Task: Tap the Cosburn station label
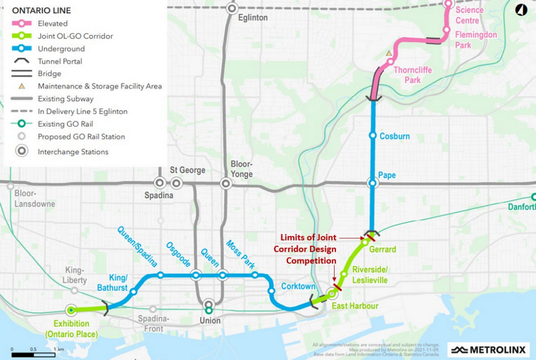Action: [x=394, y=136]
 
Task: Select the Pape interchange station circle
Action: [x=373, y=183]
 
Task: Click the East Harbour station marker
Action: [x=332, y=293]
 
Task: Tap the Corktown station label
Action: [x=298, y=286]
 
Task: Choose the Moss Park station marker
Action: [x=255, y=275]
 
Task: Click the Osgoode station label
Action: [x=178, y=255]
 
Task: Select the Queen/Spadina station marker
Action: [x=161, y=275]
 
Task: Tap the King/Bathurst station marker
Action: [x=133, y=292]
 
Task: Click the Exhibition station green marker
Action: [x=71, y=310]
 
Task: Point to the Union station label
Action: [x=210, y=321]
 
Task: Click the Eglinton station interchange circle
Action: [x=232, y=8]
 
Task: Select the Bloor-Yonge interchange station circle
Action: [x=226, y=183]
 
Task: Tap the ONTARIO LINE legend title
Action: [x=41, y=11]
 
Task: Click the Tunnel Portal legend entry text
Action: [x=60, y=61]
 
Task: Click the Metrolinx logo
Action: [x=488, y=349]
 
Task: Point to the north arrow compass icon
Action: [x=521, y=10]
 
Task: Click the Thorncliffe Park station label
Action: [x=413, y=75]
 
